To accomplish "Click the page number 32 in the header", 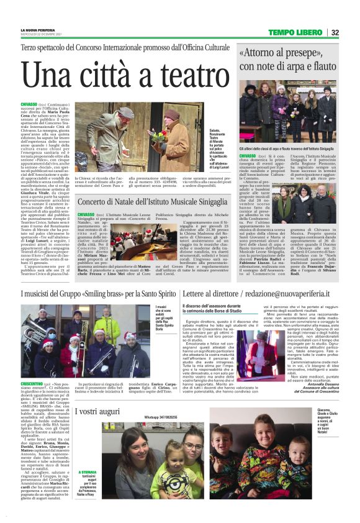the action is (335, 32).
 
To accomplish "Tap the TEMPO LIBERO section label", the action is (295, 32).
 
